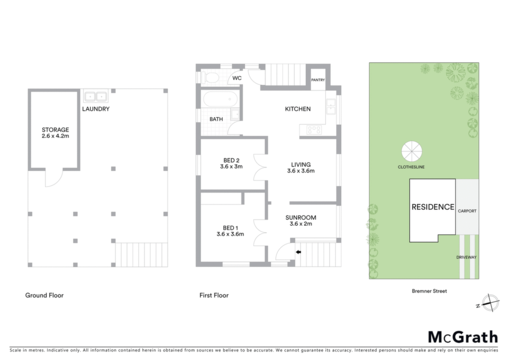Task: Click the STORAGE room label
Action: point(55,129)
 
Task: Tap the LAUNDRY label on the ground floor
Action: point(96,109)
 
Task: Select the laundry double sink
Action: point(96,96)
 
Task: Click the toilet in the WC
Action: point(210,78)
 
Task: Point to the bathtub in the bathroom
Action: point(220,98)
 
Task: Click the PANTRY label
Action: point(318,80)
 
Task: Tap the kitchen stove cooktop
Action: point(314,130)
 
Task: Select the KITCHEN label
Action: point(298,109)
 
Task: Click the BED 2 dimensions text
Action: point(231,167)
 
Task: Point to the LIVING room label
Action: point(301,165)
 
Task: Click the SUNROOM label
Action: point(301,217)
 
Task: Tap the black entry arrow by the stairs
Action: point(298,252)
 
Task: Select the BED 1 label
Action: point(231,228)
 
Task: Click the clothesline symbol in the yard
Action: point(412,151)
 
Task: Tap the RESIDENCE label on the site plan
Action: point(433,207)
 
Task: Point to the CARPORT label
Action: point(467,211)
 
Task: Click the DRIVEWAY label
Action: point(466,258)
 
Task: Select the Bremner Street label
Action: point(429,291)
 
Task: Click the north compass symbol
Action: point(490,303)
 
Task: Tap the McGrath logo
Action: point(463,337)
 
